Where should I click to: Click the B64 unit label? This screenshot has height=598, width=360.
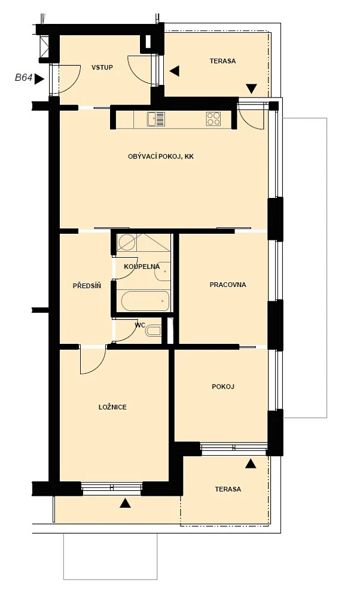(23, 78)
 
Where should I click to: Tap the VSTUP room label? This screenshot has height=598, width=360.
(102, 68)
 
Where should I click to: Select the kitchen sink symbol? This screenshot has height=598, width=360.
(155, 119)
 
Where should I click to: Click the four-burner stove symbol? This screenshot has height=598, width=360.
(213, 119)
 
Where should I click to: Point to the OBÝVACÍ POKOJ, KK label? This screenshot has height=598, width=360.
(160, 156)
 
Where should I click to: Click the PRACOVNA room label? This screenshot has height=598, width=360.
(228, 285)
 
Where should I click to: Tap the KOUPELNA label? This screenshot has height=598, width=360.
(142, 267)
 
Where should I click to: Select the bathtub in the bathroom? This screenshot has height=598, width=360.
(145, 301)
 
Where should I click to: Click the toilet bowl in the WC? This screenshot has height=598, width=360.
(153, 331)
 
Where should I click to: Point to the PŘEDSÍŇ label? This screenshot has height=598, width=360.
(87, 285)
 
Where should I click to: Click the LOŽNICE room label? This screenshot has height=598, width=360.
(112, 407)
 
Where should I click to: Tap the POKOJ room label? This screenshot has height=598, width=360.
(223, 386)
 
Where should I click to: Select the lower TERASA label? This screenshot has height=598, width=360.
(228, 489)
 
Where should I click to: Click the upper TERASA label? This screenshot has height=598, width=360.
(222, 60)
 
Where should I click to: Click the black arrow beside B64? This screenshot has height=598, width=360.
(39, 79)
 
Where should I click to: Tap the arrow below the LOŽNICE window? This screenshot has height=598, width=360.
(125, 503)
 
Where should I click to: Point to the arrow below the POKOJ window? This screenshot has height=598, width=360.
(250, 463)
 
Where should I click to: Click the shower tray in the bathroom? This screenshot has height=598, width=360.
(143, 243)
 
